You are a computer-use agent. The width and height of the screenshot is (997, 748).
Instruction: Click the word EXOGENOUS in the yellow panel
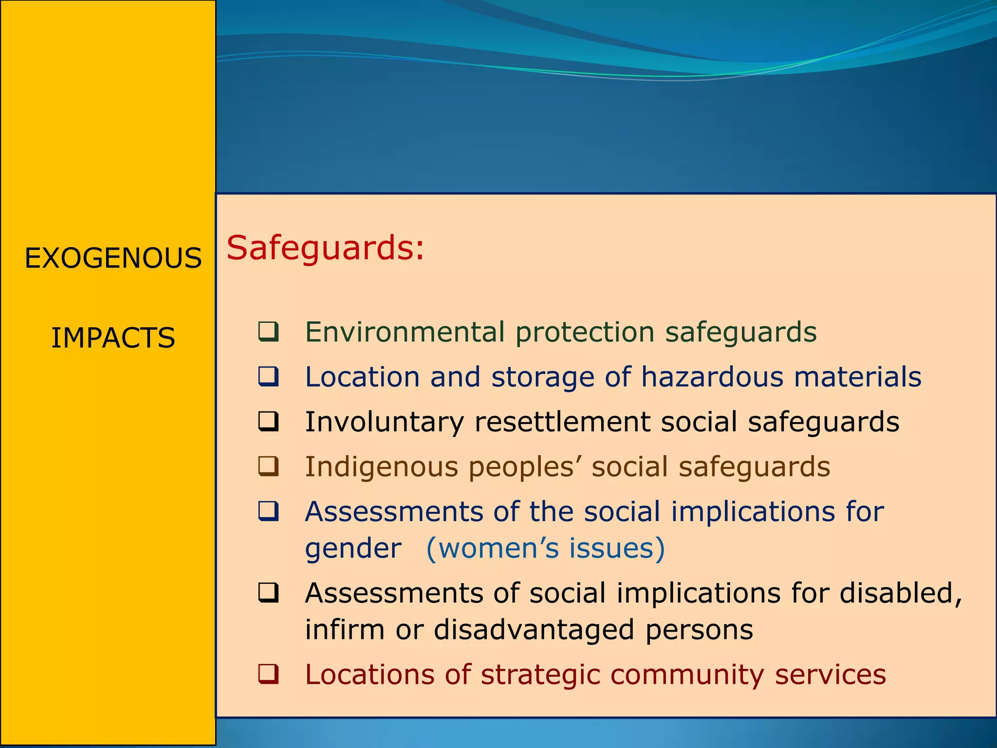coord(113,258)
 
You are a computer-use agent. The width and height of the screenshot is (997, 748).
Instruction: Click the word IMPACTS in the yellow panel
coord(113,338)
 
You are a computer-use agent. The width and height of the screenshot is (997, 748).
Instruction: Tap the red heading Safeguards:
coord(325,248)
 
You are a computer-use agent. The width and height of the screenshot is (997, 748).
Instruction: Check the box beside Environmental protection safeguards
coord(268,332)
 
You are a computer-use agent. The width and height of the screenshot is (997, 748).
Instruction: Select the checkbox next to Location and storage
coord(268,376)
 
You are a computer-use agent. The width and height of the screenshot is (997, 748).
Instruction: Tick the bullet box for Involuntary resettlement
coord(268,421)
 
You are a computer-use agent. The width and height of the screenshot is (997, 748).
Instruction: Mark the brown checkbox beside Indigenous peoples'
coord(268,466)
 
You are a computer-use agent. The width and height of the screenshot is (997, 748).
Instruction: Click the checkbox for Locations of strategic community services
coord(268,674)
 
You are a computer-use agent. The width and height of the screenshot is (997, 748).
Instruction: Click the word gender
coord(353,549)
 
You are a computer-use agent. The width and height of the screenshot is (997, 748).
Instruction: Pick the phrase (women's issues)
coord(545,548)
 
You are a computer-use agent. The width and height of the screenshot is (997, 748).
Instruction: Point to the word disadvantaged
coord(534,630)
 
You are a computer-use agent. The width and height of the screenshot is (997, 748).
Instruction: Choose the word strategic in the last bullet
coord(540,675)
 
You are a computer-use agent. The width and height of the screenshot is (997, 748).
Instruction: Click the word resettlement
coord(562,422)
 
